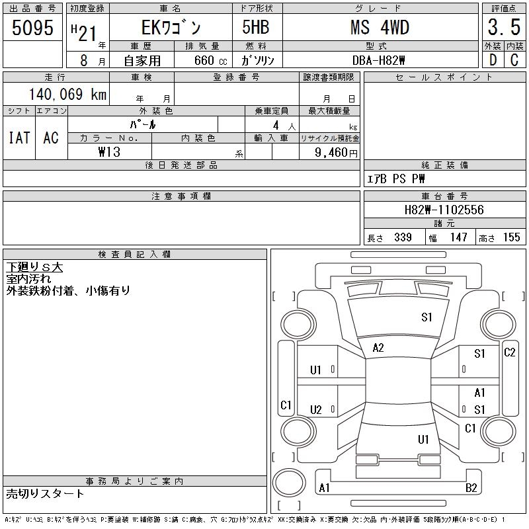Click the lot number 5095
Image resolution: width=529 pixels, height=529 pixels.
point(32,28)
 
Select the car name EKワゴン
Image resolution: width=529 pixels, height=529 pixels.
point(171,27)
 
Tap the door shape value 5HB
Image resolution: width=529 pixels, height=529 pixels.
point(256,27)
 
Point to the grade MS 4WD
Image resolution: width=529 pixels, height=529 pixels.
point(380,27)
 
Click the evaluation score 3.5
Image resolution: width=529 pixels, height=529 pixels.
point(504,27)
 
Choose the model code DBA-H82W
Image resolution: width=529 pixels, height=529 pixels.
point(378,60)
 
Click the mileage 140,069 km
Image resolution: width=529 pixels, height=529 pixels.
point(67,94)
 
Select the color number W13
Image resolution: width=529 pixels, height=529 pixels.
point(109,152)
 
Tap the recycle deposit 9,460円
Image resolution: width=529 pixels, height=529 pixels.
point(336,153)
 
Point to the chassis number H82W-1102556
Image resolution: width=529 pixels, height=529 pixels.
point(444,210)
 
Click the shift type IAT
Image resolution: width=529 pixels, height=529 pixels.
point(19,138)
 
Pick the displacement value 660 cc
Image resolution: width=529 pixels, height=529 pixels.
point(210,60)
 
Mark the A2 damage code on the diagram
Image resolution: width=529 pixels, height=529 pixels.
point(378,348)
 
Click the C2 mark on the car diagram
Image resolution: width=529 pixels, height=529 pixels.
point(509,352)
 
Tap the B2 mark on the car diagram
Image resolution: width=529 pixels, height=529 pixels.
point(471,488)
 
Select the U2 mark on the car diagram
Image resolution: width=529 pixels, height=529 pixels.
point(316,410)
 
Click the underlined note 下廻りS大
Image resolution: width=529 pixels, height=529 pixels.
point(34,267)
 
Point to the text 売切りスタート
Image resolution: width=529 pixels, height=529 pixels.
point(45,494)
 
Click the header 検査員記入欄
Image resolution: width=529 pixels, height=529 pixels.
point(135,255)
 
